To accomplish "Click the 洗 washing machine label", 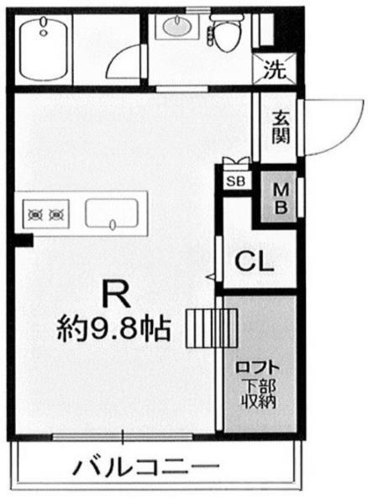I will coord(275,69).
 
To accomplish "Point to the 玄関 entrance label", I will coord(281,126).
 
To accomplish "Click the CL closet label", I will coord(253,261).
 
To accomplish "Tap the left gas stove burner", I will coord(37,214).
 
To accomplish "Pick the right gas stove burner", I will coord(59,214).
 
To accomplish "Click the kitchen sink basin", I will coord(113,214).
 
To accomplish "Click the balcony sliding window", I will coord(123,436).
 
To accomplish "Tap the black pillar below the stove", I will coord(23,240).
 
